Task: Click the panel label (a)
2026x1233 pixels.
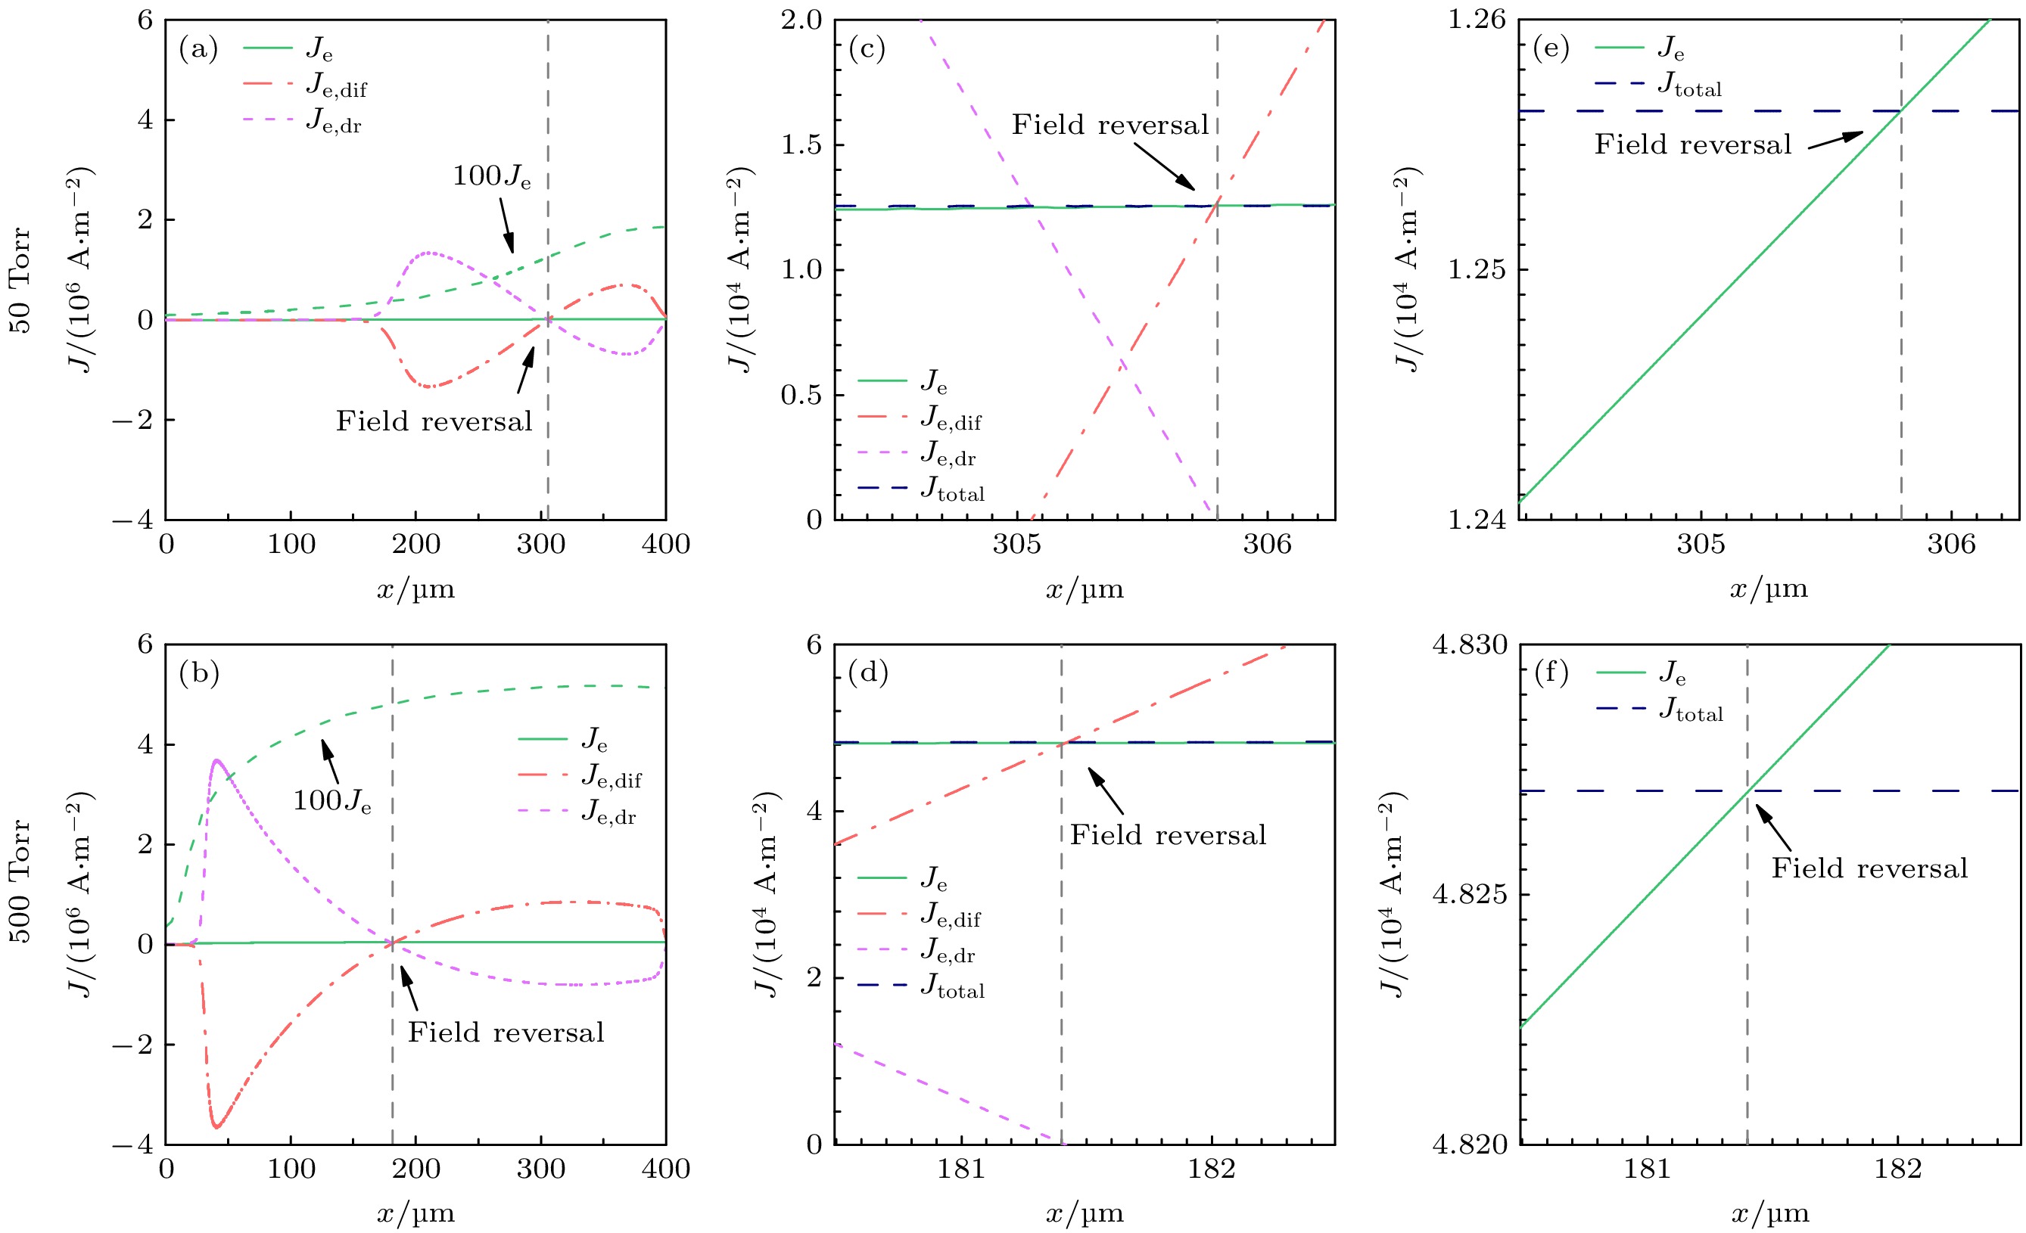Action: pyautogui.click(x=198, y=50)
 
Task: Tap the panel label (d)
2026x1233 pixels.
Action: pyautogui.click(x=867, y=673)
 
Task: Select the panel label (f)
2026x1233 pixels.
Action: pyautogui.click(x=1551, y=673)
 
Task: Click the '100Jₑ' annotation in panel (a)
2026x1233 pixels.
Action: pyautogui.click(x=492, y=176)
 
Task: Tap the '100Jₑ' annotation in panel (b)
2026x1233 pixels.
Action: pyautogui.click(x=332, y=800)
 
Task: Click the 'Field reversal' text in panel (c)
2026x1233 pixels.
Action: pyautogui.click(x=1110, y=125)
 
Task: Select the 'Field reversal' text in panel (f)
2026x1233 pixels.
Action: pyautogui.click(x=1869, y=869)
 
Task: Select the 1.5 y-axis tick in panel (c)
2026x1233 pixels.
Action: pyautogui.click(x=801, y=144)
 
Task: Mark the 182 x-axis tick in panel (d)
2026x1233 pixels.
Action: pyautogui.click(x=1211, y=1169)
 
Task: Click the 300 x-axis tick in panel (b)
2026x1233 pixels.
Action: pyautogui.click(x=540, y=1169)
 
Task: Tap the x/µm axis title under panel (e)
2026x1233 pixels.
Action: pyautogui.click(x=1769, y=589)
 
